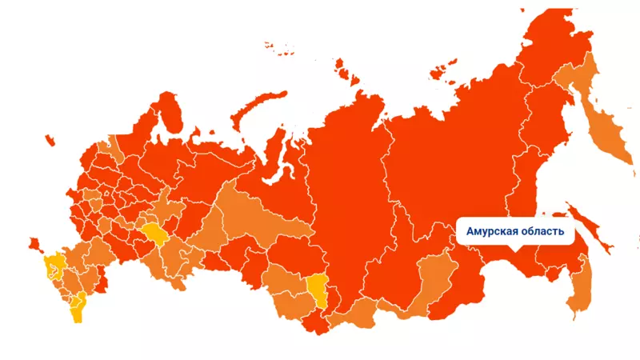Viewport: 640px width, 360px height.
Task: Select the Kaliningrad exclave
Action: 34,242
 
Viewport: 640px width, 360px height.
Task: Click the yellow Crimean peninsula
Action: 54,264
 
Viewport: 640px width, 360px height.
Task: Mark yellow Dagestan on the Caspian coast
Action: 78,308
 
